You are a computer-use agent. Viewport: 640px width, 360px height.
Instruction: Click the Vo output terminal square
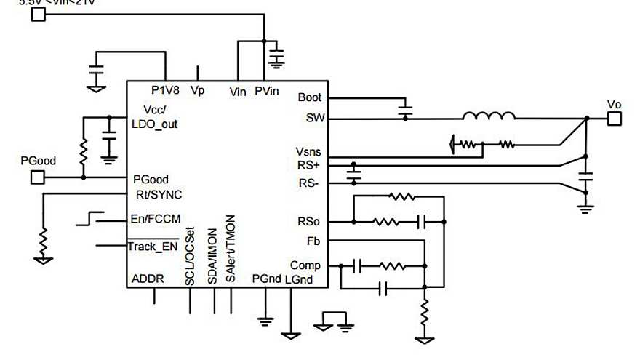615,119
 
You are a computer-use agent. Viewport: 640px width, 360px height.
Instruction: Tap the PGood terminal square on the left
39,177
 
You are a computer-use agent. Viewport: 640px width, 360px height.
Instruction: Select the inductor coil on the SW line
489,116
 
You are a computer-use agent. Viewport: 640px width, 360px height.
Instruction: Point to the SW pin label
311,117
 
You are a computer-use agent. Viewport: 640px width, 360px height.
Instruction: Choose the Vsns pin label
308,153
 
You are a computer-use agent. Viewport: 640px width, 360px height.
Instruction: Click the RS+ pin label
309,166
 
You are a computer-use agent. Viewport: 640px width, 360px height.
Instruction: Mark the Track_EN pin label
153,247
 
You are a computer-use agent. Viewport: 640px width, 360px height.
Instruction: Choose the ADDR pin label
148,279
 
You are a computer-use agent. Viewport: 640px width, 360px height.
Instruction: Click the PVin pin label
267,90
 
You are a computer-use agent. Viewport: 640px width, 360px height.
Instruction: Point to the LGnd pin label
299,279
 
